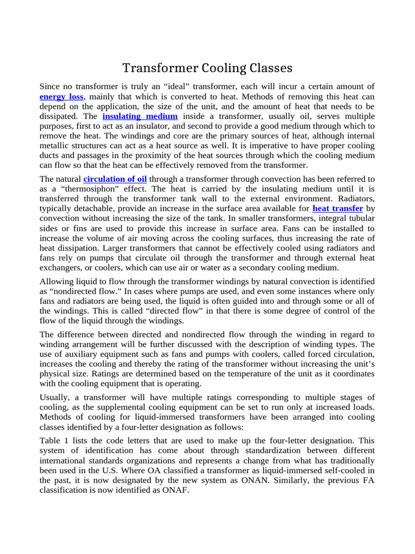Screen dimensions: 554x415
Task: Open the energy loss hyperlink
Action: point(62,97)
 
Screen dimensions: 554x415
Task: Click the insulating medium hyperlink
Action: point(140,116)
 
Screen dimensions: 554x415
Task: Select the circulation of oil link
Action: point(115,179)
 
